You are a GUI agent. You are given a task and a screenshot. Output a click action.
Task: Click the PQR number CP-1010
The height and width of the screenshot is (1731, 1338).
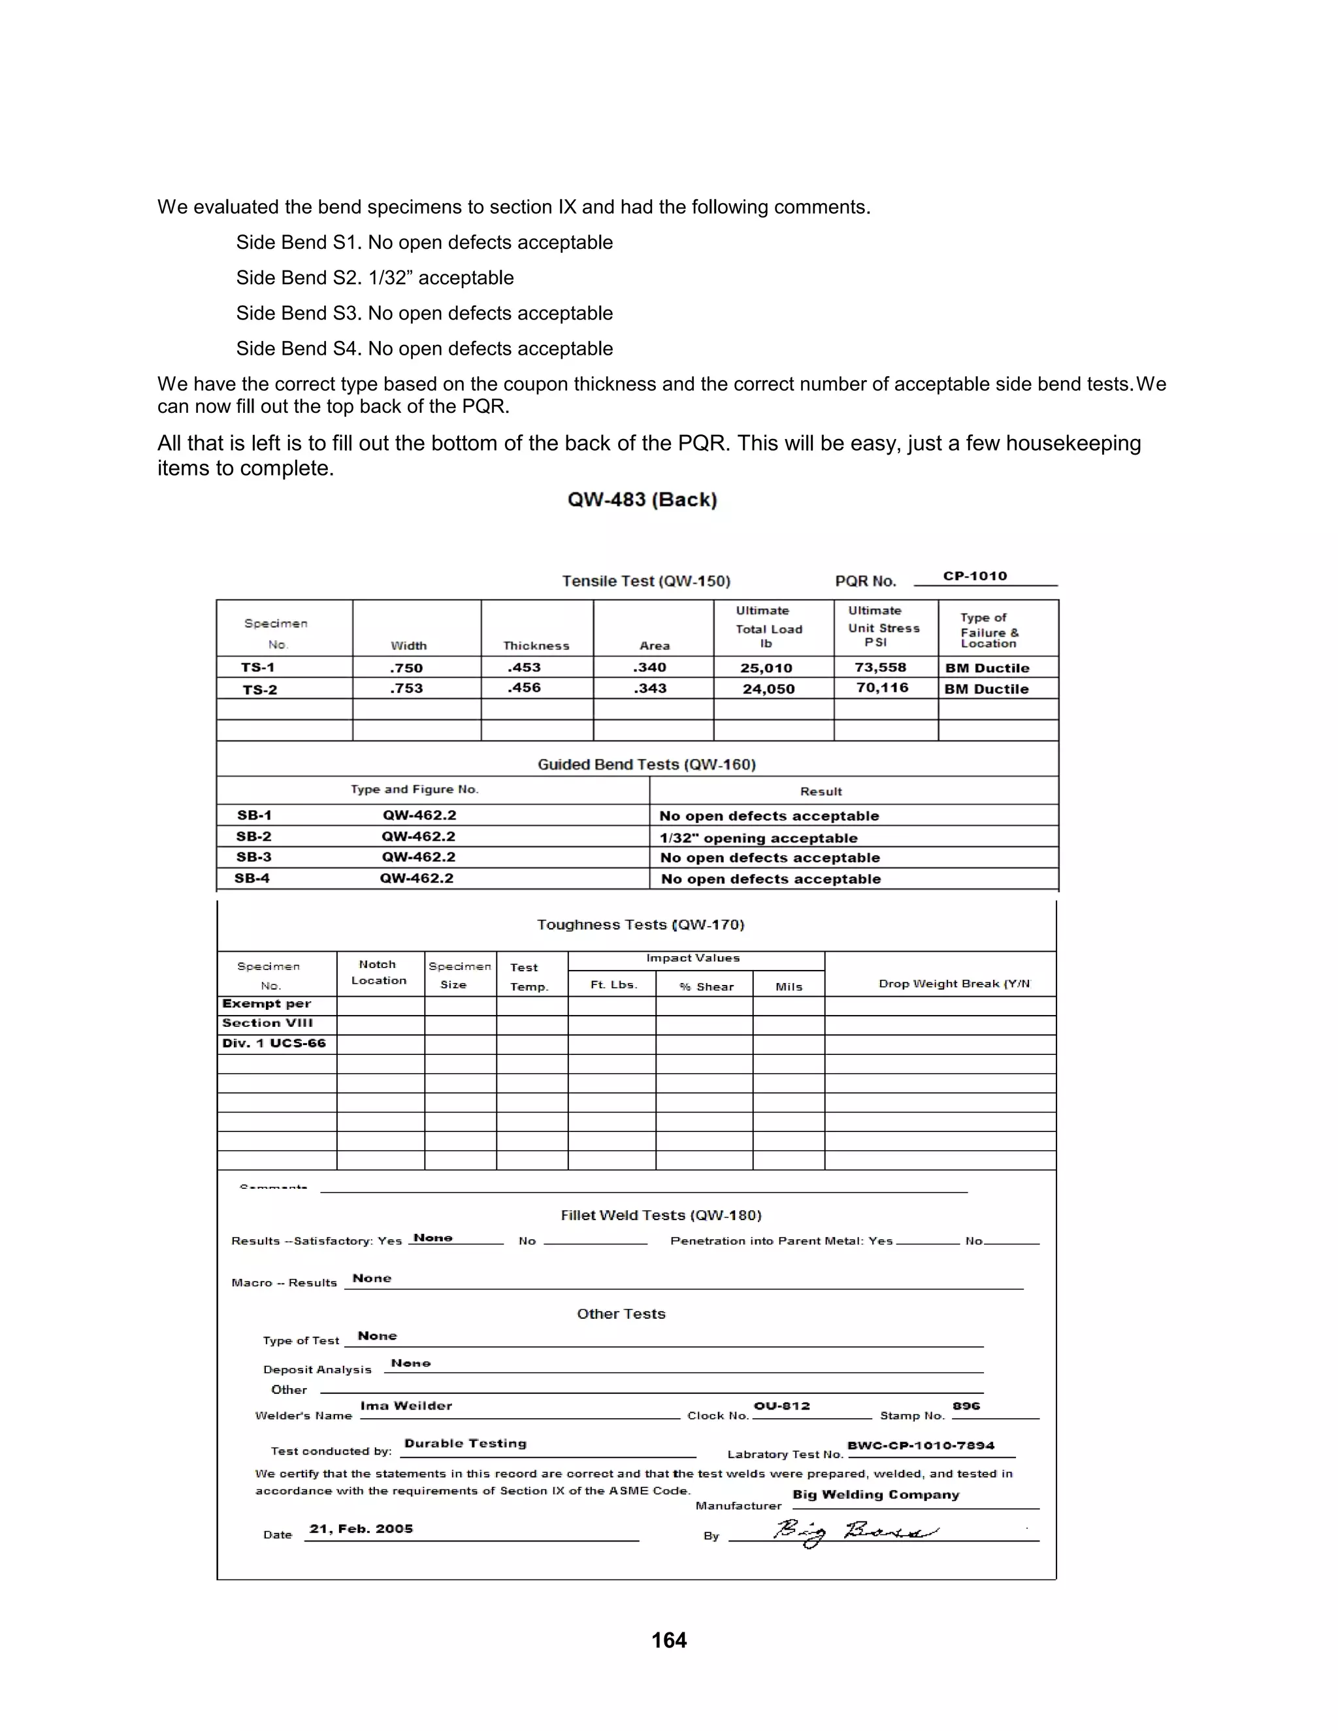point(974,576)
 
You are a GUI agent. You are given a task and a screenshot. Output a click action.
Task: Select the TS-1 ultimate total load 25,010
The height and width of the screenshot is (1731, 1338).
point(766,668)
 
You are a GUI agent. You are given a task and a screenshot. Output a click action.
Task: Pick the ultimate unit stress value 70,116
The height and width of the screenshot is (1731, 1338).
point(881,688)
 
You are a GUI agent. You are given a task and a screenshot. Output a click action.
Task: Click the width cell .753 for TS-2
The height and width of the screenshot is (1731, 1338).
point(406,688)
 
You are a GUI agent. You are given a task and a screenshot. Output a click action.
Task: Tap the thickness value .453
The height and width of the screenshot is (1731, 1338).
point(524,668)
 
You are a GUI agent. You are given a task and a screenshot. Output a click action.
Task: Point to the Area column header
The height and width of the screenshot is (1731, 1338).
point(654,646)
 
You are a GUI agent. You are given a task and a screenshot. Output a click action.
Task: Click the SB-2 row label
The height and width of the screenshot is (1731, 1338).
point(253,836)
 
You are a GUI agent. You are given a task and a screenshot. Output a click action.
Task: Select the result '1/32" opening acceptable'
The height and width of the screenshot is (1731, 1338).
point(758,838)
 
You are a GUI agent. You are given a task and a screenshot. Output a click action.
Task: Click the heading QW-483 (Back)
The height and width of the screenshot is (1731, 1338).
point(642,500)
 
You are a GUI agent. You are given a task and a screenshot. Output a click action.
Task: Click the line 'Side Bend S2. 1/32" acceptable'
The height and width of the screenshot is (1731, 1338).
point(374,278)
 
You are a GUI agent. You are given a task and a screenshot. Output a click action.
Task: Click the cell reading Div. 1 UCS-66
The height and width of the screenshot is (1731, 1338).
point(274,1043)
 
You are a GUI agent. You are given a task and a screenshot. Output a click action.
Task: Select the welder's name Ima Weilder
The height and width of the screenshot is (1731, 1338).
point(406,1405)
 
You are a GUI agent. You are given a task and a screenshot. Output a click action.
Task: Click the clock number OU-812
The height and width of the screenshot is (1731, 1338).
point(781,1405)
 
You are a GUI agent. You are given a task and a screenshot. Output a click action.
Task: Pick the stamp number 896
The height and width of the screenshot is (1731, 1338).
point(966,1405)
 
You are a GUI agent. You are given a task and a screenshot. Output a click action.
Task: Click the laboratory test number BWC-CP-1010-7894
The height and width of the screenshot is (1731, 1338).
point(921,1445)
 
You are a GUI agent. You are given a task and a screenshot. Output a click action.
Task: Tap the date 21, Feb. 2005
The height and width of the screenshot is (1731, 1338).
point(361,1528)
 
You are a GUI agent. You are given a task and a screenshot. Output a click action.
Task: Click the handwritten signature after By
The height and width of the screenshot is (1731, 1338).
point(855,1532)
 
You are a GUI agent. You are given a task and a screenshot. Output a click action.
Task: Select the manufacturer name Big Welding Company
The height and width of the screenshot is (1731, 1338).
point(875,1494)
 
